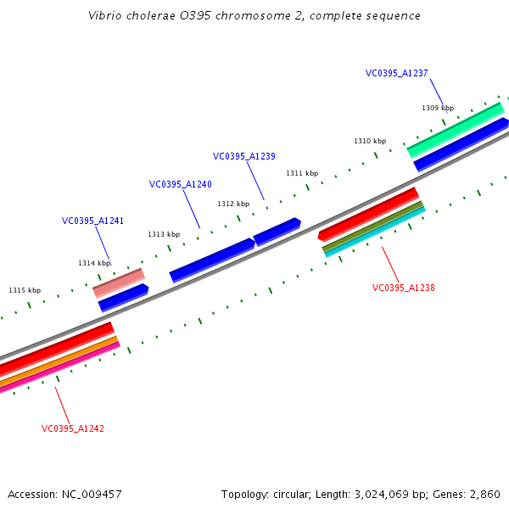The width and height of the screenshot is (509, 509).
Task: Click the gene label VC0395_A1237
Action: tap(397, 73)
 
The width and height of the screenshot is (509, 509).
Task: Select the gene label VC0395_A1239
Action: tap(244, 156)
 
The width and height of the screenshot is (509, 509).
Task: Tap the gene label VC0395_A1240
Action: tap(181, 184)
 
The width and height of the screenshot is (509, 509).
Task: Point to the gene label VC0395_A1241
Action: tap(92, 221)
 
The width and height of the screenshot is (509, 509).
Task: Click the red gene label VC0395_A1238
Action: tap(404, 288)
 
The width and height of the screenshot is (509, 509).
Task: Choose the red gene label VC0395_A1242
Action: tap(73, 428)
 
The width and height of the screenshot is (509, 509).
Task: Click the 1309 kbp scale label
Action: tap(438, 108)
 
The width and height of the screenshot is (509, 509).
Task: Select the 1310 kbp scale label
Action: tap(370, 141)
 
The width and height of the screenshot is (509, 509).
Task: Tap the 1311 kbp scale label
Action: tap(302, 173)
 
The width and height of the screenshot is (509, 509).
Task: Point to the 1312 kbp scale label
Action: tap(233, 204)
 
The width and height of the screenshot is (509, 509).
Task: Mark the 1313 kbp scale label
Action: tap(164, 234)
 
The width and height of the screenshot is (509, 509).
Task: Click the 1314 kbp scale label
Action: tap(94, 263)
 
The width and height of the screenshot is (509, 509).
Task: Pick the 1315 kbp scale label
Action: tap(25, 290)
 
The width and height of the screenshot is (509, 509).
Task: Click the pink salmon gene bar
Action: tap(119, 282)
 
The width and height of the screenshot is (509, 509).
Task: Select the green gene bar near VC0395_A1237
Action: tap(456, 129)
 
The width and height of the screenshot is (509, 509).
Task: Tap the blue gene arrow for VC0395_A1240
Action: tap(212, 260)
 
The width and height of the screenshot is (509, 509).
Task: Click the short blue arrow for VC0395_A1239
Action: tap(277, 231)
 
